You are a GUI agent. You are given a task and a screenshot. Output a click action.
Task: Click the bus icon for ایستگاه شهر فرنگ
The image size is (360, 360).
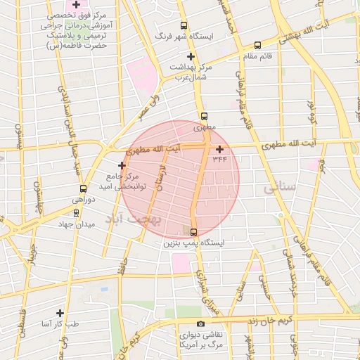[184, 25]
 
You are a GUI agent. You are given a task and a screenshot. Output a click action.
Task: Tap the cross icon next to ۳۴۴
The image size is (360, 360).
[220, 149]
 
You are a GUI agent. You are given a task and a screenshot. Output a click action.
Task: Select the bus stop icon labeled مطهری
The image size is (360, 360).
[205, 117]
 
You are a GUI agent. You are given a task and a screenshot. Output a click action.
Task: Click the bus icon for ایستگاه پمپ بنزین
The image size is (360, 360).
[194, 233]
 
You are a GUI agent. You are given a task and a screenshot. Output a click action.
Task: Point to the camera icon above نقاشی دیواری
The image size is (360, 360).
[201, 324]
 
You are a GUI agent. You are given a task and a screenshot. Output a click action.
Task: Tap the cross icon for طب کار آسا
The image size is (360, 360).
[60, 313]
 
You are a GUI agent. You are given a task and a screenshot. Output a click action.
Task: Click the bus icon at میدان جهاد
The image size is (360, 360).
[76, 212]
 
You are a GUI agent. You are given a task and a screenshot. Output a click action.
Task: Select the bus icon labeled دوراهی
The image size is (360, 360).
[84, 188]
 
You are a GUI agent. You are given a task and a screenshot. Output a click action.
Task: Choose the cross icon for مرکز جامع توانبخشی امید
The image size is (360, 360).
[122, 166]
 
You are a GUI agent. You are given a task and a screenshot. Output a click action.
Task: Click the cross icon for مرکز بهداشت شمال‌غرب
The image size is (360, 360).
[190, 56]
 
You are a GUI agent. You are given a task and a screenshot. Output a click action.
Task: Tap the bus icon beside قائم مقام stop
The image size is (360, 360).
[257, 46]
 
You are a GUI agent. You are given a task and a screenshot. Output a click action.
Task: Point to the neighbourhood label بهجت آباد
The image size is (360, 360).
[134, 219]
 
